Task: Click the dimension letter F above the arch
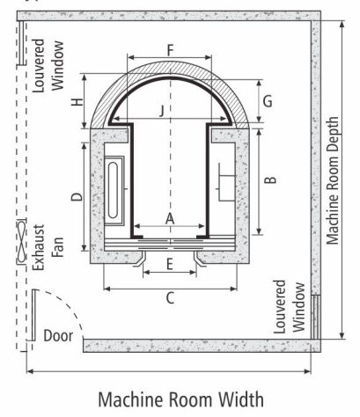point(171,50)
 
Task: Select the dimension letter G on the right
point(268,101)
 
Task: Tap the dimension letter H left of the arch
point(77,102)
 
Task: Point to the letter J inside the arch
point(162,112)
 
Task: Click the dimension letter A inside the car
point(170,219)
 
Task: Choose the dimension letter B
point(270,179)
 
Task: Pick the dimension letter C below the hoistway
point(170,298)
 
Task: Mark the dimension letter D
point(77,197)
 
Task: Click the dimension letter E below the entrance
point(170,265)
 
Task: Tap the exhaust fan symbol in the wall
point(21,241)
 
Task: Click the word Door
point(58,336)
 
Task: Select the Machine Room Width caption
point(180,399)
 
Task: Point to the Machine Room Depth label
point(333,180)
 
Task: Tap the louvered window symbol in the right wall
point(316,317)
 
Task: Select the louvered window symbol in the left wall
point(21,43)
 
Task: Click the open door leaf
point(34,315)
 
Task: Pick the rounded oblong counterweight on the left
point(114,191)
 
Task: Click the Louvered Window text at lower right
point(290,307)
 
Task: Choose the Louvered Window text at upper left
point(48,65)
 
